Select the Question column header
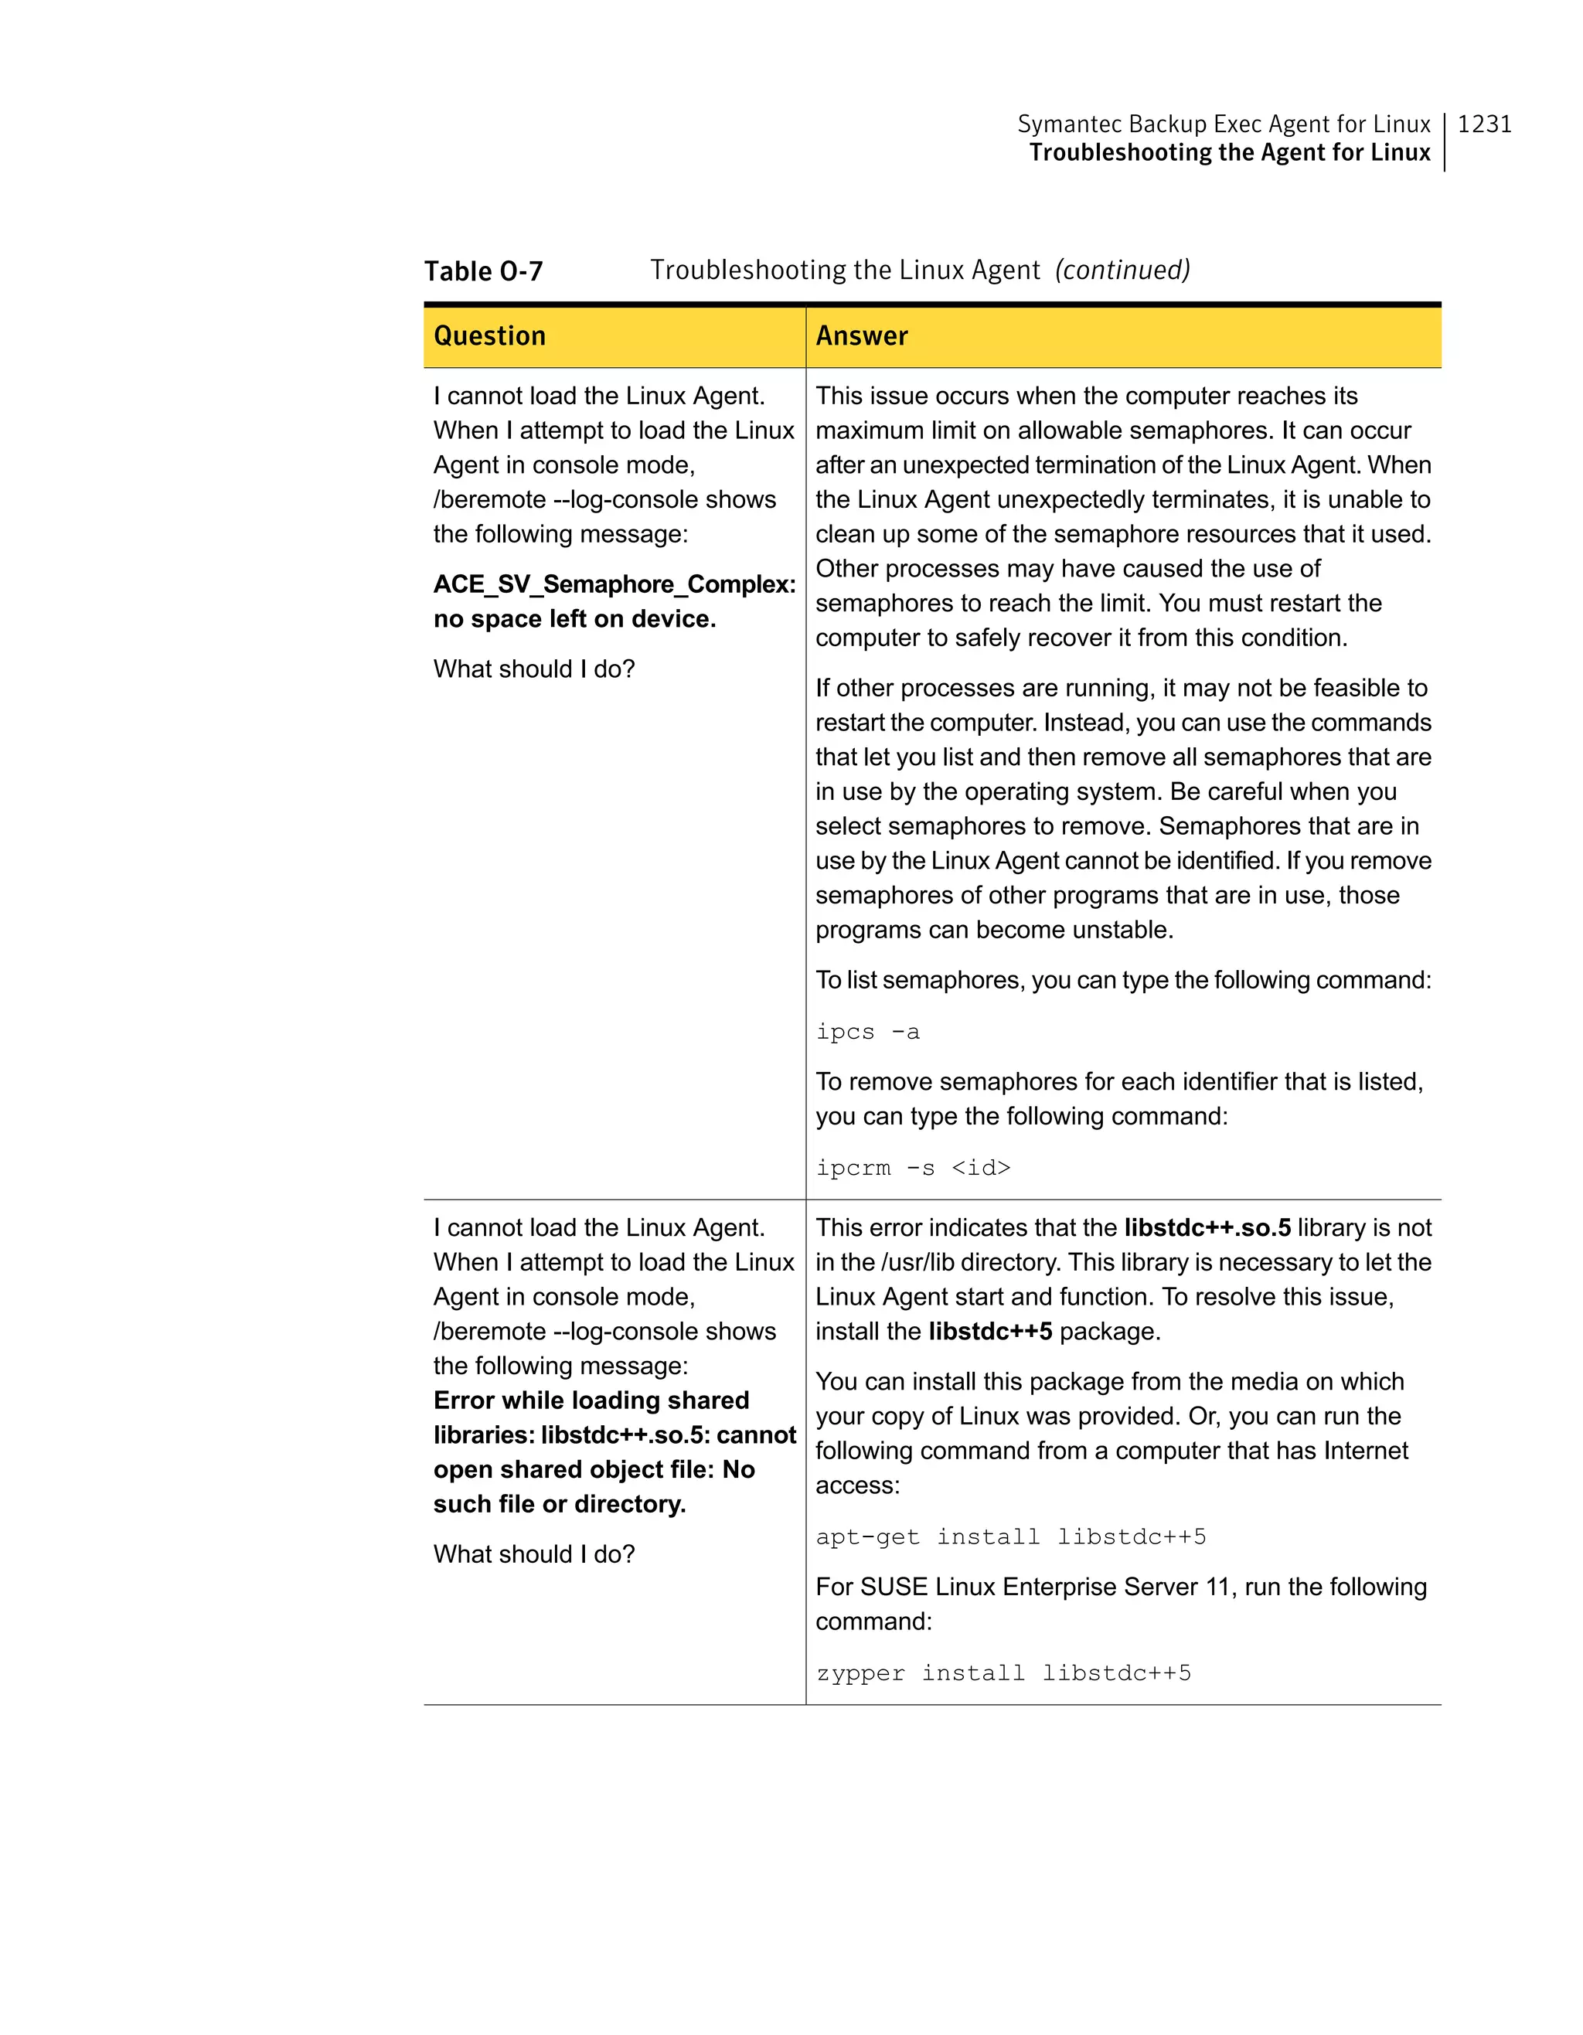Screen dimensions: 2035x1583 click(x=489, y=335)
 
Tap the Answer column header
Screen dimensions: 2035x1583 click(x=861, y=335)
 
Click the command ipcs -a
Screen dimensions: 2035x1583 click(x=867, y=1032)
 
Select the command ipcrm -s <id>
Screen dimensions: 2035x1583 click(x=912, y=1168)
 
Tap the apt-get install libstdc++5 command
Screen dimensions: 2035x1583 click(x=1010, y=1536)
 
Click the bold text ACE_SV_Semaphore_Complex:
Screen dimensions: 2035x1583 click(x=614, y=584)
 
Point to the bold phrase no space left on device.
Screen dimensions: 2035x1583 click(x=574, y=619)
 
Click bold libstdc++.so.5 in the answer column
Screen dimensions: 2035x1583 click(x=1207, y=1228)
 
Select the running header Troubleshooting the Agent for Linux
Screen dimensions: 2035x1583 click(x=1229, y=153)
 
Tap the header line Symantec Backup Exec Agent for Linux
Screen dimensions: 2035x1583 click(x=1223, y=124)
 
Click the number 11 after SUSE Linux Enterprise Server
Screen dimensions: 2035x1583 click(x=1220, y=1587)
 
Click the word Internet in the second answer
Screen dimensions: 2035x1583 click(x=1366, y=1451)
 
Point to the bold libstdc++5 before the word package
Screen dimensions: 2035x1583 click(x=989, y=1332)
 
